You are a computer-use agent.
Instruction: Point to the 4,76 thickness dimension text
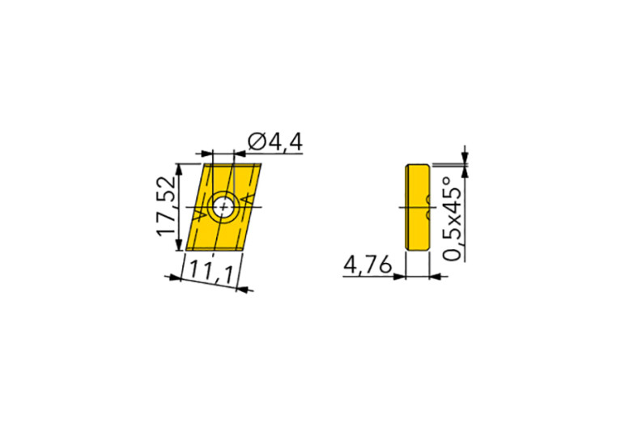(x=368, y=265)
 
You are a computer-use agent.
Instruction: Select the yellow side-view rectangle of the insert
(x=416, y=208)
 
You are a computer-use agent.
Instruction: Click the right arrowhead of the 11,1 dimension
(x=243, y=287)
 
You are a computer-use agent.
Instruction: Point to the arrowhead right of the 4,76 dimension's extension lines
(x=436, y=277)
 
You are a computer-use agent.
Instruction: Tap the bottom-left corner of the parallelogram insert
(x=186, y=252)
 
